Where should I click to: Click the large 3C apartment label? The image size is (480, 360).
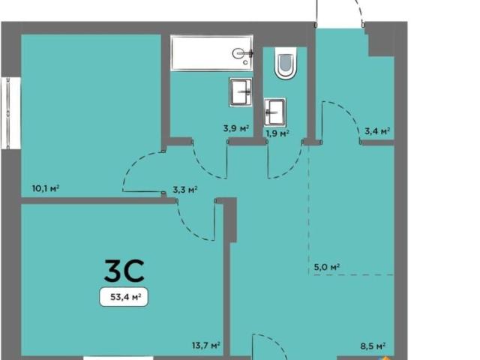pyautogui.click(x=124, y=271)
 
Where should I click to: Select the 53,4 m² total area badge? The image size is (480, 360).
pyautogui.click(x=124, y=297)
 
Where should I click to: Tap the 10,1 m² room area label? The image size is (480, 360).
pyautogui.click(x=46, y=188)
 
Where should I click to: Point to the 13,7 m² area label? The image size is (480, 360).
pyautogui.click(x=206, y=346)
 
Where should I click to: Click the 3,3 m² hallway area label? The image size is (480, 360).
pyautogui.click(x=185, y=190)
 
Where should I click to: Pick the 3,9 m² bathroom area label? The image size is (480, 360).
pyautogui.click(x=235, y=128)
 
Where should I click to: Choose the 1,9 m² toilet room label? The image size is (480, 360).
pyautogui.click(x=277, y=133)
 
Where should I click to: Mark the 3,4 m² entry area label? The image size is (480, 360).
pyautogui.click(x=377, y=131)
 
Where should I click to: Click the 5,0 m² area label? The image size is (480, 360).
pyautogui.click(x=327, y=267)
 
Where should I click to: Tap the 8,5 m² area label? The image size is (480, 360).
pyautogui.click(x=373, y=346)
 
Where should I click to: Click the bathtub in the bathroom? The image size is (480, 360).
pyautogui.click(x=211, y=53)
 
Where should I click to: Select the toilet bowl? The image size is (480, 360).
pyautogui.click(x=286, y=63)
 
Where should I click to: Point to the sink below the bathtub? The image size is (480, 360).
pyautogui.click(x=241, y=92)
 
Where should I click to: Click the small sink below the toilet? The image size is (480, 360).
pyautogui.click(x=274, y=112)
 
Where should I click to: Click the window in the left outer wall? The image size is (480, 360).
pyautogui.click(x=10, y=113)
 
